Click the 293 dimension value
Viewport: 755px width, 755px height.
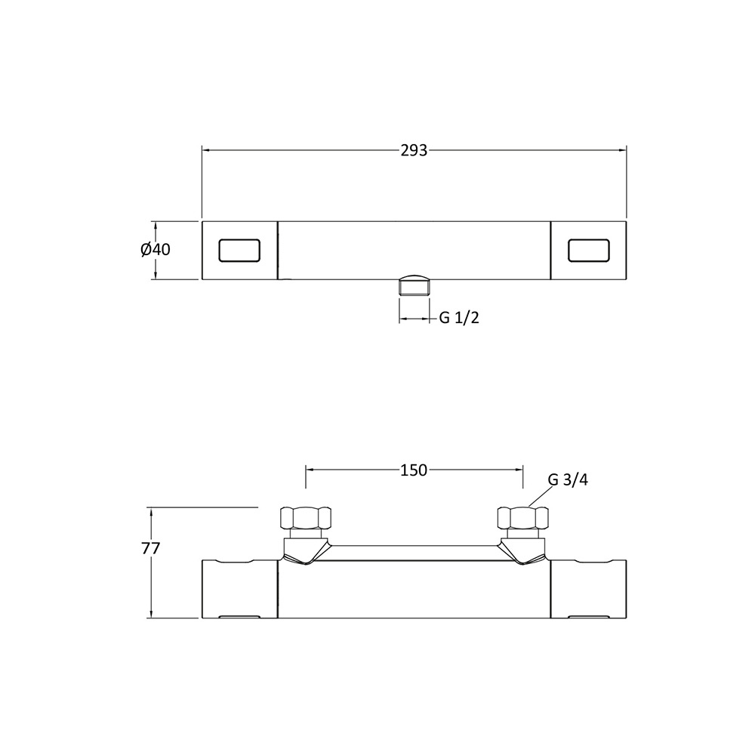414,151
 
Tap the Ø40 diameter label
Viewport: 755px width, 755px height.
156,249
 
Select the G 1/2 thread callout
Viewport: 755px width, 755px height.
459,318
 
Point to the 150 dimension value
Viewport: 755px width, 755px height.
414,470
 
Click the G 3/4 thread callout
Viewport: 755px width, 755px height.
569,480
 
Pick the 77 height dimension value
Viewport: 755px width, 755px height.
151,548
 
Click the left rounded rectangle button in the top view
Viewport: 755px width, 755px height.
239,251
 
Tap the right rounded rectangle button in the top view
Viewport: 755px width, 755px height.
589,251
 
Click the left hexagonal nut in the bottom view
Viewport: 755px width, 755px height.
306,518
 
